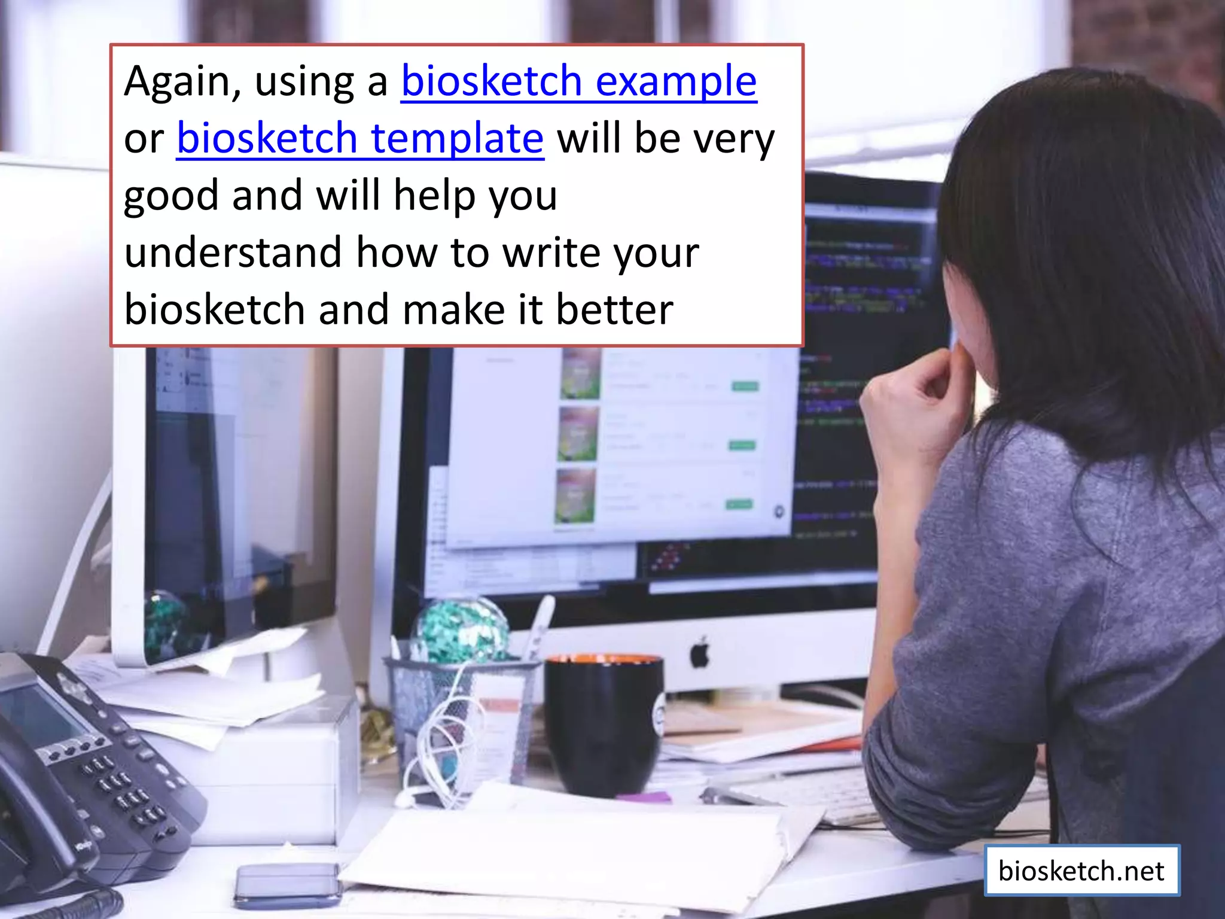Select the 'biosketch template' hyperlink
tap(360, 138)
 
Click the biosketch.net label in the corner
tap(1081, 871)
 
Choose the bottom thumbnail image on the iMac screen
tap(575, 495)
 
